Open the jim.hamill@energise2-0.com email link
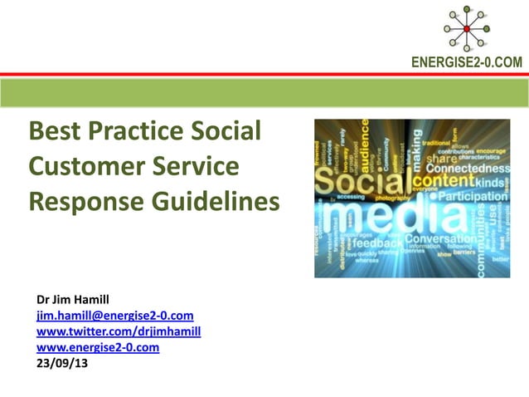tap(114, 316)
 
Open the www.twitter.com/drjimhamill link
tap(119, 331)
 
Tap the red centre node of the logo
tap(466, 29)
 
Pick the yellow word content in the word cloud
tap(444, 180)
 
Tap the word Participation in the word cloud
tap(475, 197)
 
